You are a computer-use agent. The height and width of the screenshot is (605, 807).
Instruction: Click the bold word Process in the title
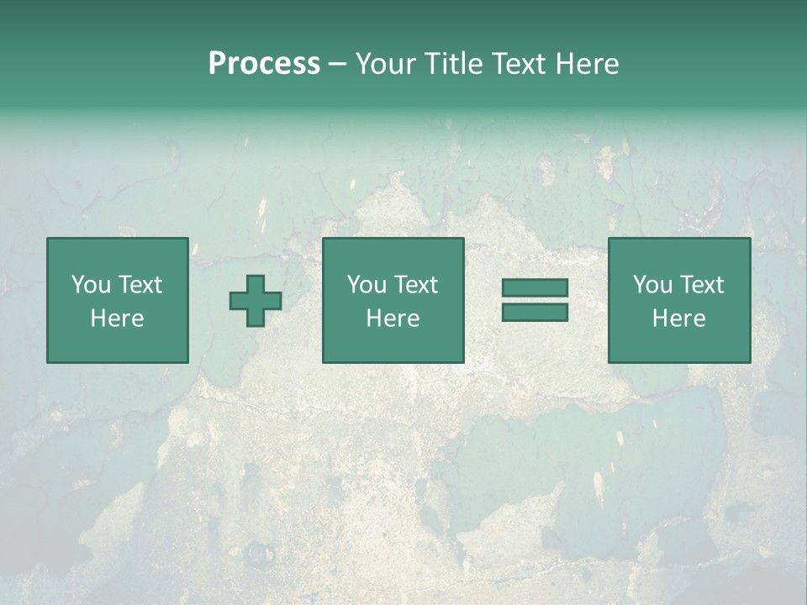[x=264, y=64]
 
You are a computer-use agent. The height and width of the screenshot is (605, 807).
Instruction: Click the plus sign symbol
[x=256, y=301]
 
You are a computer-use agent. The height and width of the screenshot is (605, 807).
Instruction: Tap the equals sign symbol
[x=535, y=300]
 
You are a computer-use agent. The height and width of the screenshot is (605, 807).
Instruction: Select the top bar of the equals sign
[x=535, y=288]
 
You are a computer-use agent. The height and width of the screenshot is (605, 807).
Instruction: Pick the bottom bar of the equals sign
[x=535, y=312]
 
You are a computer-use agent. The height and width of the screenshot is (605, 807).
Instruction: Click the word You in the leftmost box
[x=91, y=285]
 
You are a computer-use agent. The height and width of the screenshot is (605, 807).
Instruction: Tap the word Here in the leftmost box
[x=117, y=318]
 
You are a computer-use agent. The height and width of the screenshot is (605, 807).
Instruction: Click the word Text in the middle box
[x=415, y=285]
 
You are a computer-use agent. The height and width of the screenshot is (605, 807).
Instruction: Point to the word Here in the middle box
[x=393, y=318]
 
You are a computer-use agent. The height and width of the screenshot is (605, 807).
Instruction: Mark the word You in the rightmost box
[x=652, y=285]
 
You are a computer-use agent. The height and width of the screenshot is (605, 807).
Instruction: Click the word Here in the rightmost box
[x=678, y=318]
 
